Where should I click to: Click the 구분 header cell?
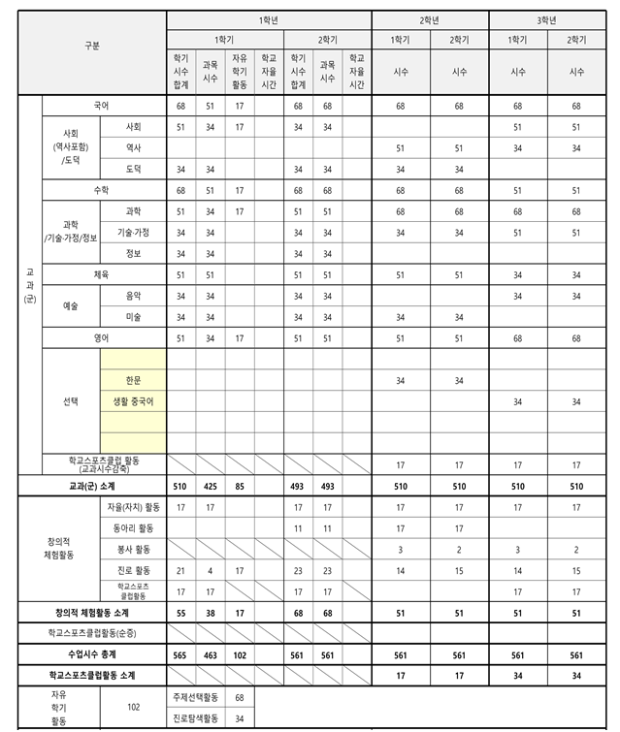[92, 46]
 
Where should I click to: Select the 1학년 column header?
[269, 19]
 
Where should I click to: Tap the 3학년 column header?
[548, 19]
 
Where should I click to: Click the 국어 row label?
[102, 106]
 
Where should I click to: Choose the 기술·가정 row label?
[133, 233]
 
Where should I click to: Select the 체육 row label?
[102, 274]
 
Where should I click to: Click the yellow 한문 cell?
[133, 380]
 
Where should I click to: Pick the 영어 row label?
[102, 338]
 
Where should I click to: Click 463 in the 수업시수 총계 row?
[211, 654]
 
